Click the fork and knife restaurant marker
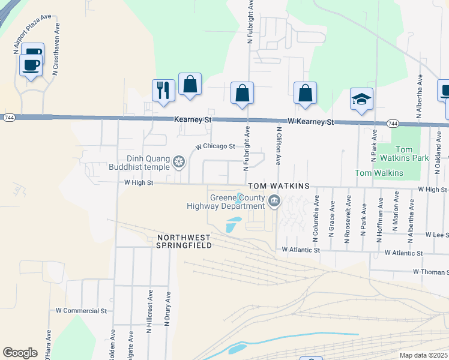point(163,91)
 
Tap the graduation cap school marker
point(361,100)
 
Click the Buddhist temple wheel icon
point(178,161)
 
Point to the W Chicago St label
point(215,146)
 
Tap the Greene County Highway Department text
point(237,202)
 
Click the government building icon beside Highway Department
point(274,201)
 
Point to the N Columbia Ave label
point(316,217)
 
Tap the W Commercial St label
point(81,311)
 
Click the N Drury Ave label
point(168,308)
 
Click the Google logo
point(20,352)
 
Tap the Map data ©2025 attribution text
point(423,355)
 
